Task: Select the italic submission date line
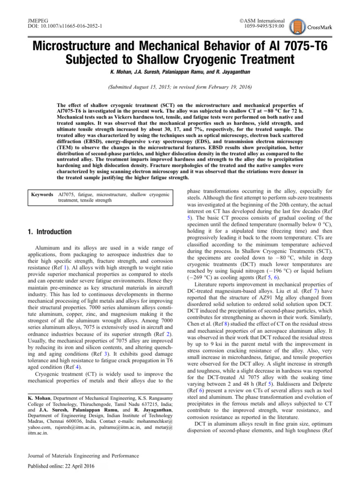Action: (180, 87)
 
